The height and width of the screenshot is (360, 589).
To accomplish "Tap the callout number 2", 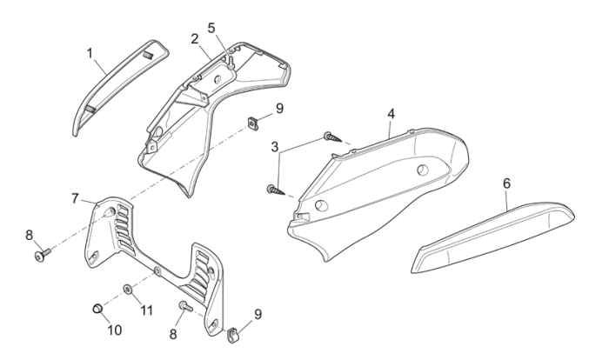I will point(194,39).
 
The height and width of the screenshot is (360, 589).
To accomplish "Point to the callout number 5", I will point(211,27).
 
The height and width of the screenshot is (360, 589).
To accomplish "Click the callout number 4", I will point(391,114).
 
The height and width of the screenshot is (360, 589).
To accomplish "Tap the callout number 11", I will point(147,310).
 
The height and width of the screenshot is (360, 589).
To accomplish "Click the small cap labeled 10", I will point(97,309).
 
